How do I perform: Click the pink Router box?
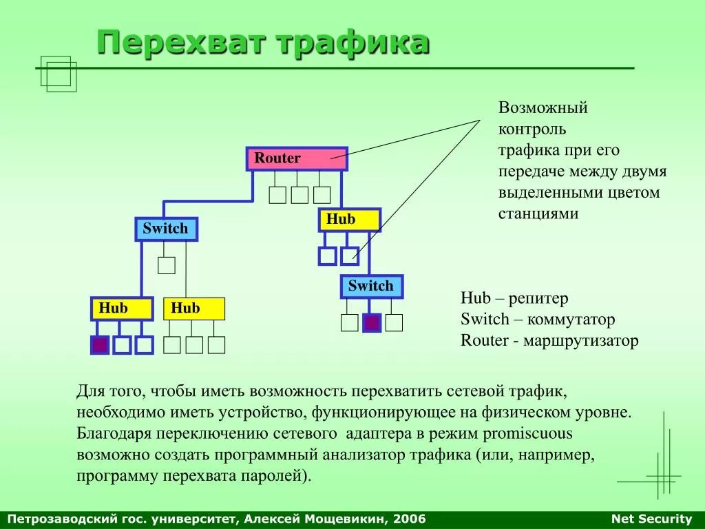tap(297, 158)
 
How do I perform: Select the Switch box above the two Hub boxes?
tap(166, 229)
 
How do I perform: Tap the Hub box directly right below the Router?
tap(349, 220)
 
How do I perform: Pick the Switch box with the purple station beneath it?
tap(372, 286)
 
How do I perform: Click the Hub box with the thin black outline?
tap(194, 309)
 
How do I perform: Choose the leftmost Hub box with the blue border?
tap(122, 309)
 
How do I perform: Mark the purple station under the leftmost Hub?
tap(101, 344)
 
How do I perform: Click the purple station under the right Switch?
tap(372, 322)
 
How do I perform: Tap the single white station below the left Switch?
tap(167, 265)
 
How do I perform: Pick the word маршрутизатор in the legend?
tap(580, 340)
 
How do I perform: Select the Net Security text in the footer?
tap(651, 519)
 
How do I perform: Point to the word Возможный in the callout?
tap(543, 108)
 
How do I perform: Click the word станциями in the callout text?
tap(538, 214)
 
